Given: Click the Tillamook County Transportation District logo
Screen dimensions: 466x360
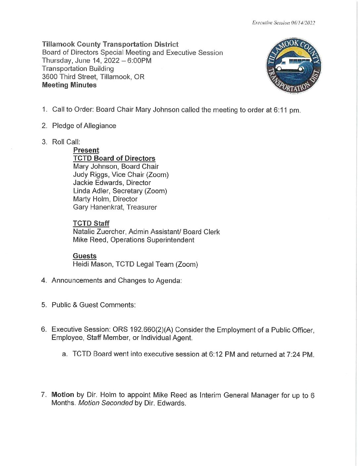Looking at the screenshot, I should coord(293,66).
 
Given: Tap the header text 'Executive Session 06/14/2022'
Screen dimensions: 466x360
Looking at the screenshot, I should coord(283,23).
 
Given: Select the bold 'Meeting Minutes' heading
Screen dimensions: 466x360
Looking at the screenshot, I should coord(69,85).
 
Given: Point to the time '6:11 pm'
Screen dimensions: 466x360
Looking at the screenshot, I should coord(287,110).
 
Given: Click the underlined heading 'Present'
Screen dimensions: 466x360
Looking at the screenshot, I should coord(86,150).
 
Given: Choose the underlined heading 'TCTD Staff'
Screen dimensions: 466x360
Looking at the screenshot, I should coord(91,223).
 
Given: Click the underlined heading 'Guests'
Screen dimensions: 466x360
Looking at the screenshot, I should coord(85,256).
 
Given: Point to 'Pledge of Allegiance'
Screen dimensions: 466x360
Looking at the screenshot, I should coord(84,126).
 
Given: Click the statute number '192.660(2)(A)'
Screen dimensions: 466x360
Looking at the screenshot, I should coord(151,330).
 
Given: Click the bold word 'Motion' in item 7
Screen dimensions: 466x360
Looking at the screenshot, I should coord(63,395).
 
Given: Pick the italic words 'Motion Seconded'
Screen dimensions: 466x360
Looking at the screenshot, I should coord(105,403).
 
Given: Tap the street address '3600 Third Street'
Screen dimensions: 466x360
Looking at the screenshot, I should coord(69,77).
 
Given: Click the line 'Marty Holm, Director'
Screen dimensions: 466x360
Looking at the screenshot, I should coord(105,199).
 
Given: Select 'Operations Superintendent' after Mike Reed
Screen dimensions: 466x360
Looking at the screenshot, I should coord(152,240).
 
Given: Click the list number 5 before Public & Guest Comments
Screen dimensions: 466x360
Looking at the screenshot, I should coord(44,305).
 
